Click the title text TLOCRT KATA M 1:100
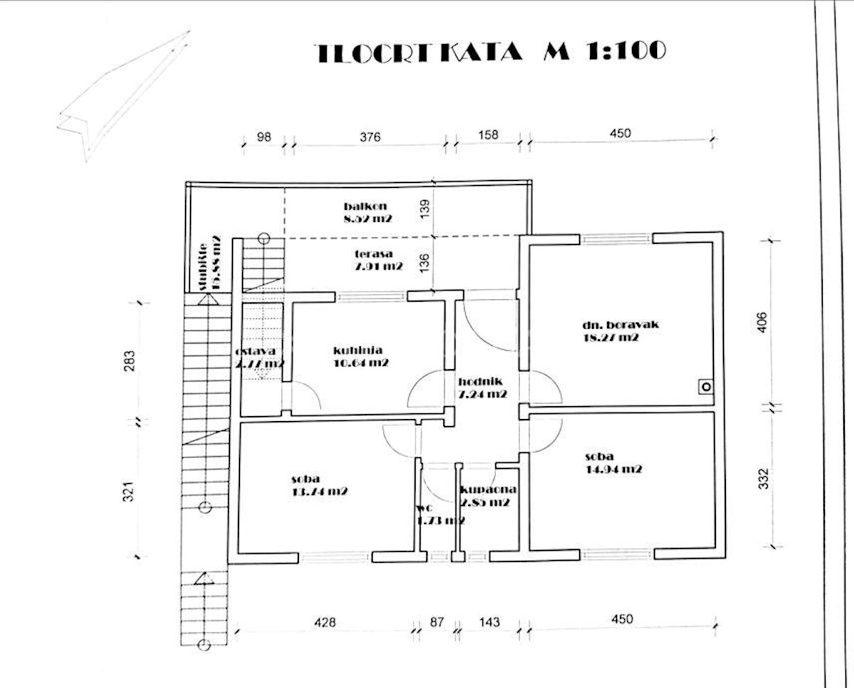coord(491,52)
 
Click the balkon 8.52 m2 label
coord(367,213)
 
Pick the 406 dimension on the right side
coord(761,324)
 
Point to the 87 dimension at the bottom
coord(437,622)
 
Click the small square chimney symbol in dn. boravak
coord(705,386)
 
